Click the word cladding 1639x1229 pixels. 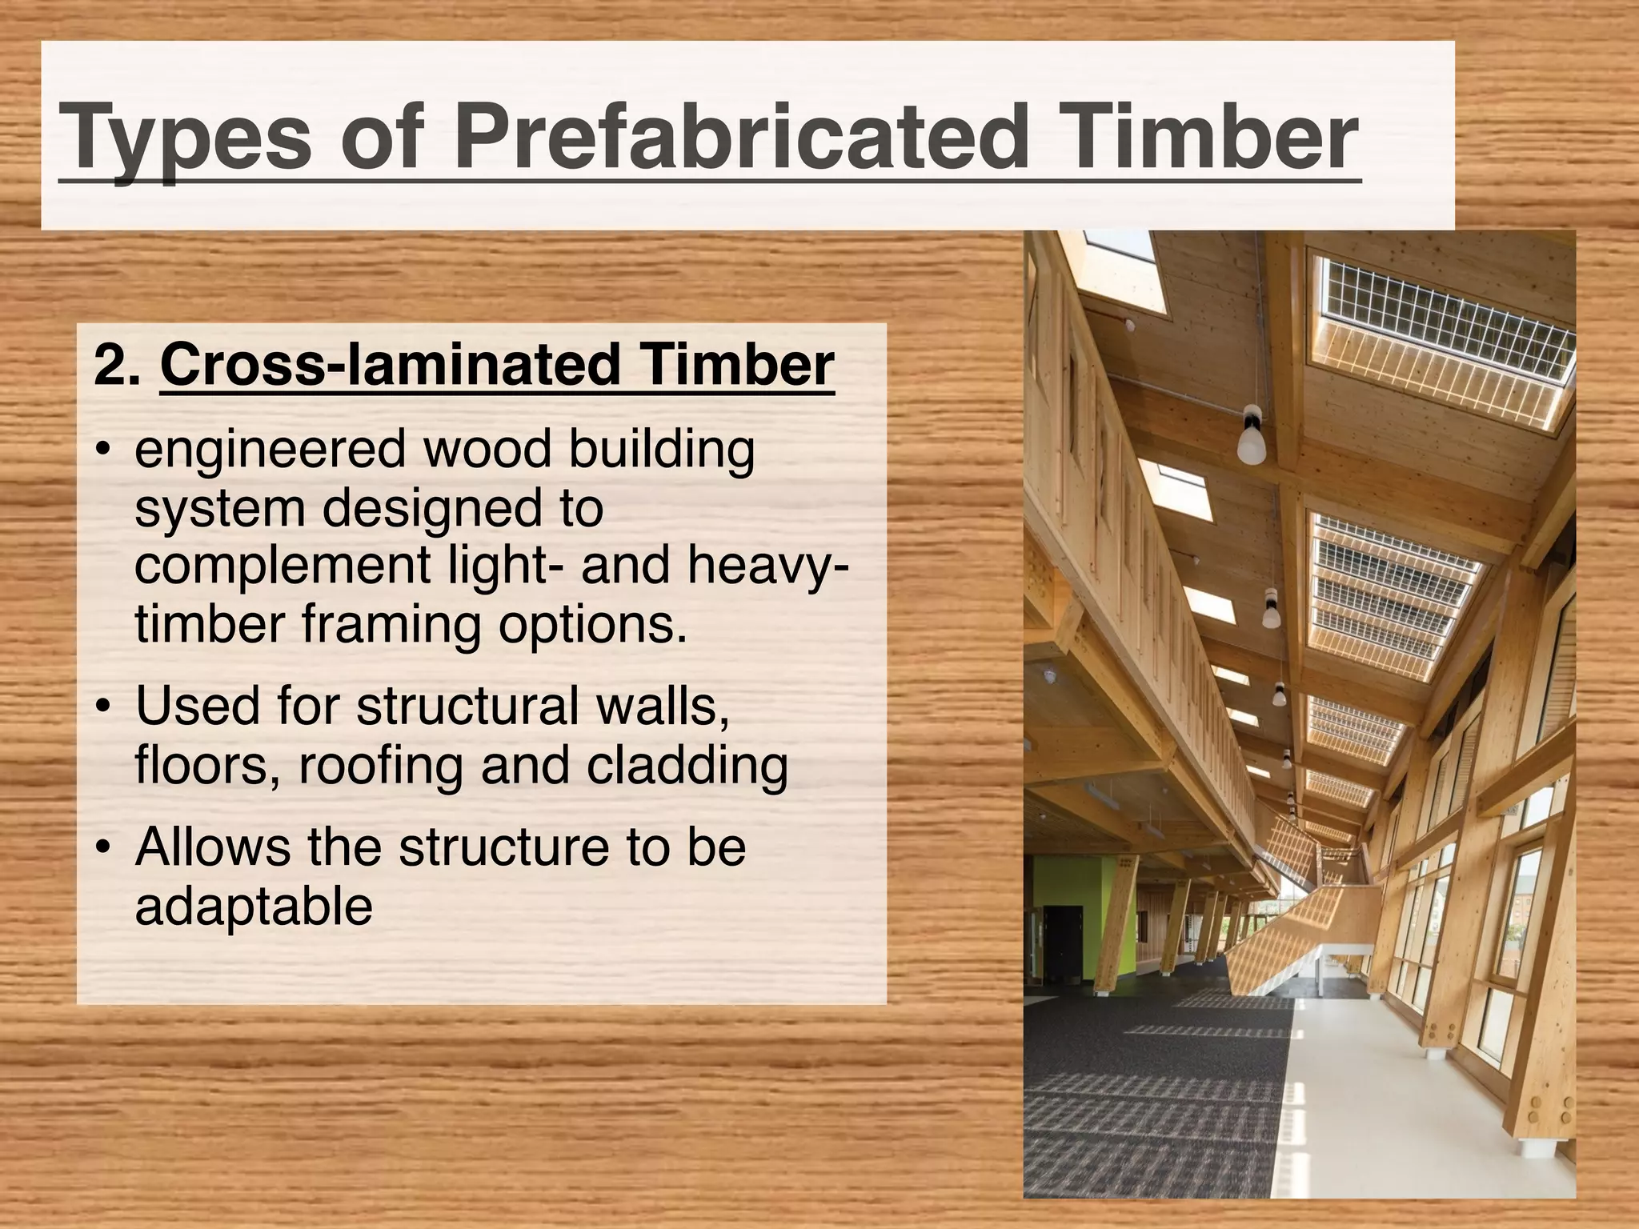[687, 766]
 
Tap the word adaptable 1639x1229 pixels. [254, 907]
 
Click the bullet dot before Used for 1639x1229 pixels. [102, 709]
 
